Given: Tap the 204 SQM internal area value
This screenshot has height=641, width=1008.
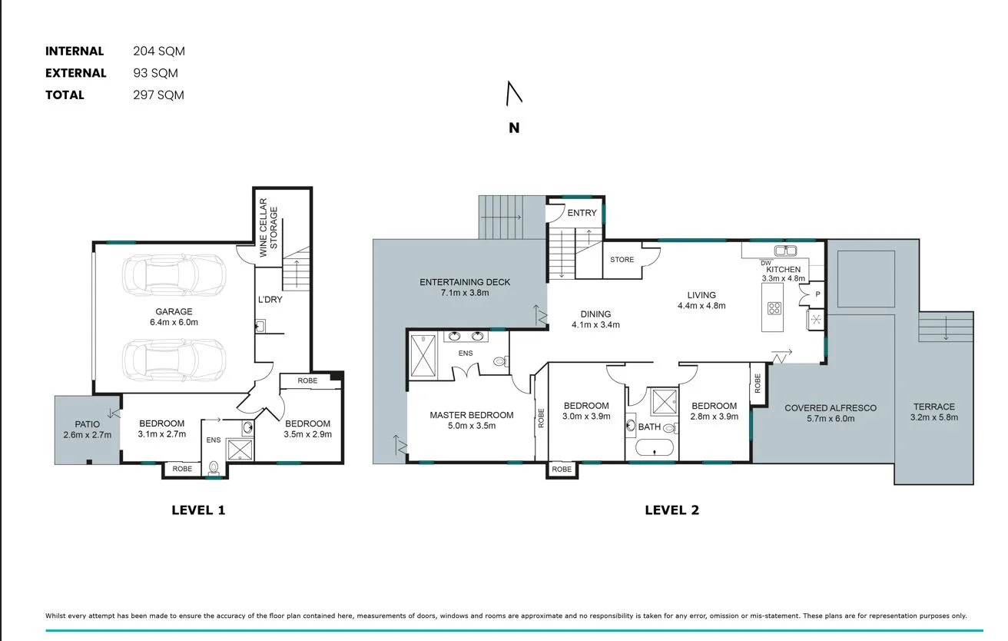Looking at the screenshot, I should [x=159, y=51].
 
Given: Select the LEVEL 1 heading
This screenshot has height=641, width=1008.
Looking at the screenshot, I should [x=198, y=510].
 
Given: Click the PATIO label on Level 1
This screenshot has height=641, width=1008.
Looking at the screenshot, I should [x=87, y=424].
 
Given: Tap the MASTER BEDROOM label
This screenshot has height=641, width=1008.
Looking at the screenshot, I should [x=471, y=415].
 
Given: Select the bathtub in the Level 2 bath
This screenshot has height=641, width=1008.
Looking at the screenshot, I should [x=655, y=448].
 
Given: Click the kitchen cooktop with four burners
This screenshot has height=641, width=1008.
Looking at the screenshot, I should [x=774, y=310].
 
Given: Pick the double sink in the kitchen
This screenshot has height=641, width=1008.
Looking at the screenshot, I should [x=784, y=251].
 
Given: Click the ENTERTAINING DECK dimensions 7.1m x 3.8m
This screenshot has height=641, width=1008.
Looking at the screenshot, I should [x=465, y=293].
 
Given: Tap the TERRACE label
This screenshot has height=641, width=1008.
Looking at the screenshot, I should [x=933, y=407].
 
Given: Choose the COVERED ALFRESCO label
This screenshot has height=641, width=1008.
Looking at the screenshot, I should [x=830, y=408].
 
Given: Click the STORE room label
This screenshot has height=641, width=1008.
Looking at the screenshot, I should [x=622, y=260].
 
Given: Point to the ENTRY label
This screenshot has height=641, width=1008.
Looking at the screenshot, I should [x=582, y=213].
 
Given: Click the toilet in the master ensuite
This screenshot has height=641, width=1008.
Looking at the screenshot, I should [x=499, y=360].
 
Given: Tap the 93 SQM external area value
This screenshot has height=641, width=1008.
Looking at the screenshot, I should [x=155, y=73].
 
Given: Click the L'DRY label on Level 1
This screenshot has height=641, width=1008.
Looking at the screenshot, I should [x=270, y=299].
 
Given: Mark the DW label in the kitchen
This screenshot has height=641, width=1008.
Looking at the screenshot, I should [x=765, y=264].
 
